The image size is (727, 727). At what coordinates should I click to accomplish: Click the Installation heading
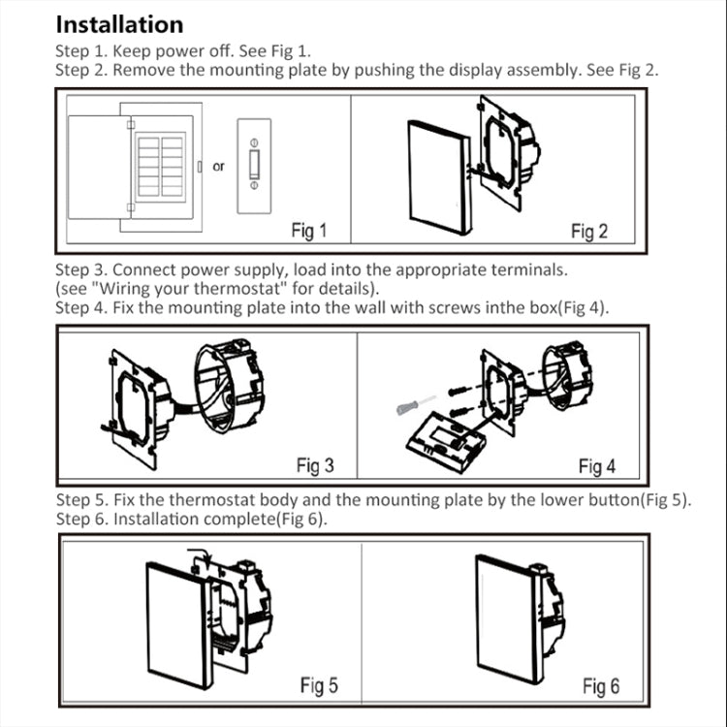coord(119,24)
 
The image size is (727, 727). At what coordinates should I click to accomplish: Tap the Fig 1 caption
coord(309,231)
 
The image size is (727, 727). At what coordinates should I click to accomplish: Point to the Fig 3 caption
coord(315,466)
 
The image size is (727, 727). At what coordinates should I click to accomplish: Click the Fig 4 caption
coord(596,466)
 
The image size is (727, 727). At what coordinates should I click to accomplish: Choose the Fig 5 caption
coord(319,685)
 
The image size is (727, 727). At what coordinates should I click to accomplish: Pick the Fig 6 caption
coord(600,686)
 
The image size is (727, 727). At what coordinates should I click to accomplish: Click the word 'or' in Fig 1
coord(218,167)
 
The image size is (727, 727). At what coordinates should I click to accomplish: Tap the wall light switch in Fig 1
coord(254,166)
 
